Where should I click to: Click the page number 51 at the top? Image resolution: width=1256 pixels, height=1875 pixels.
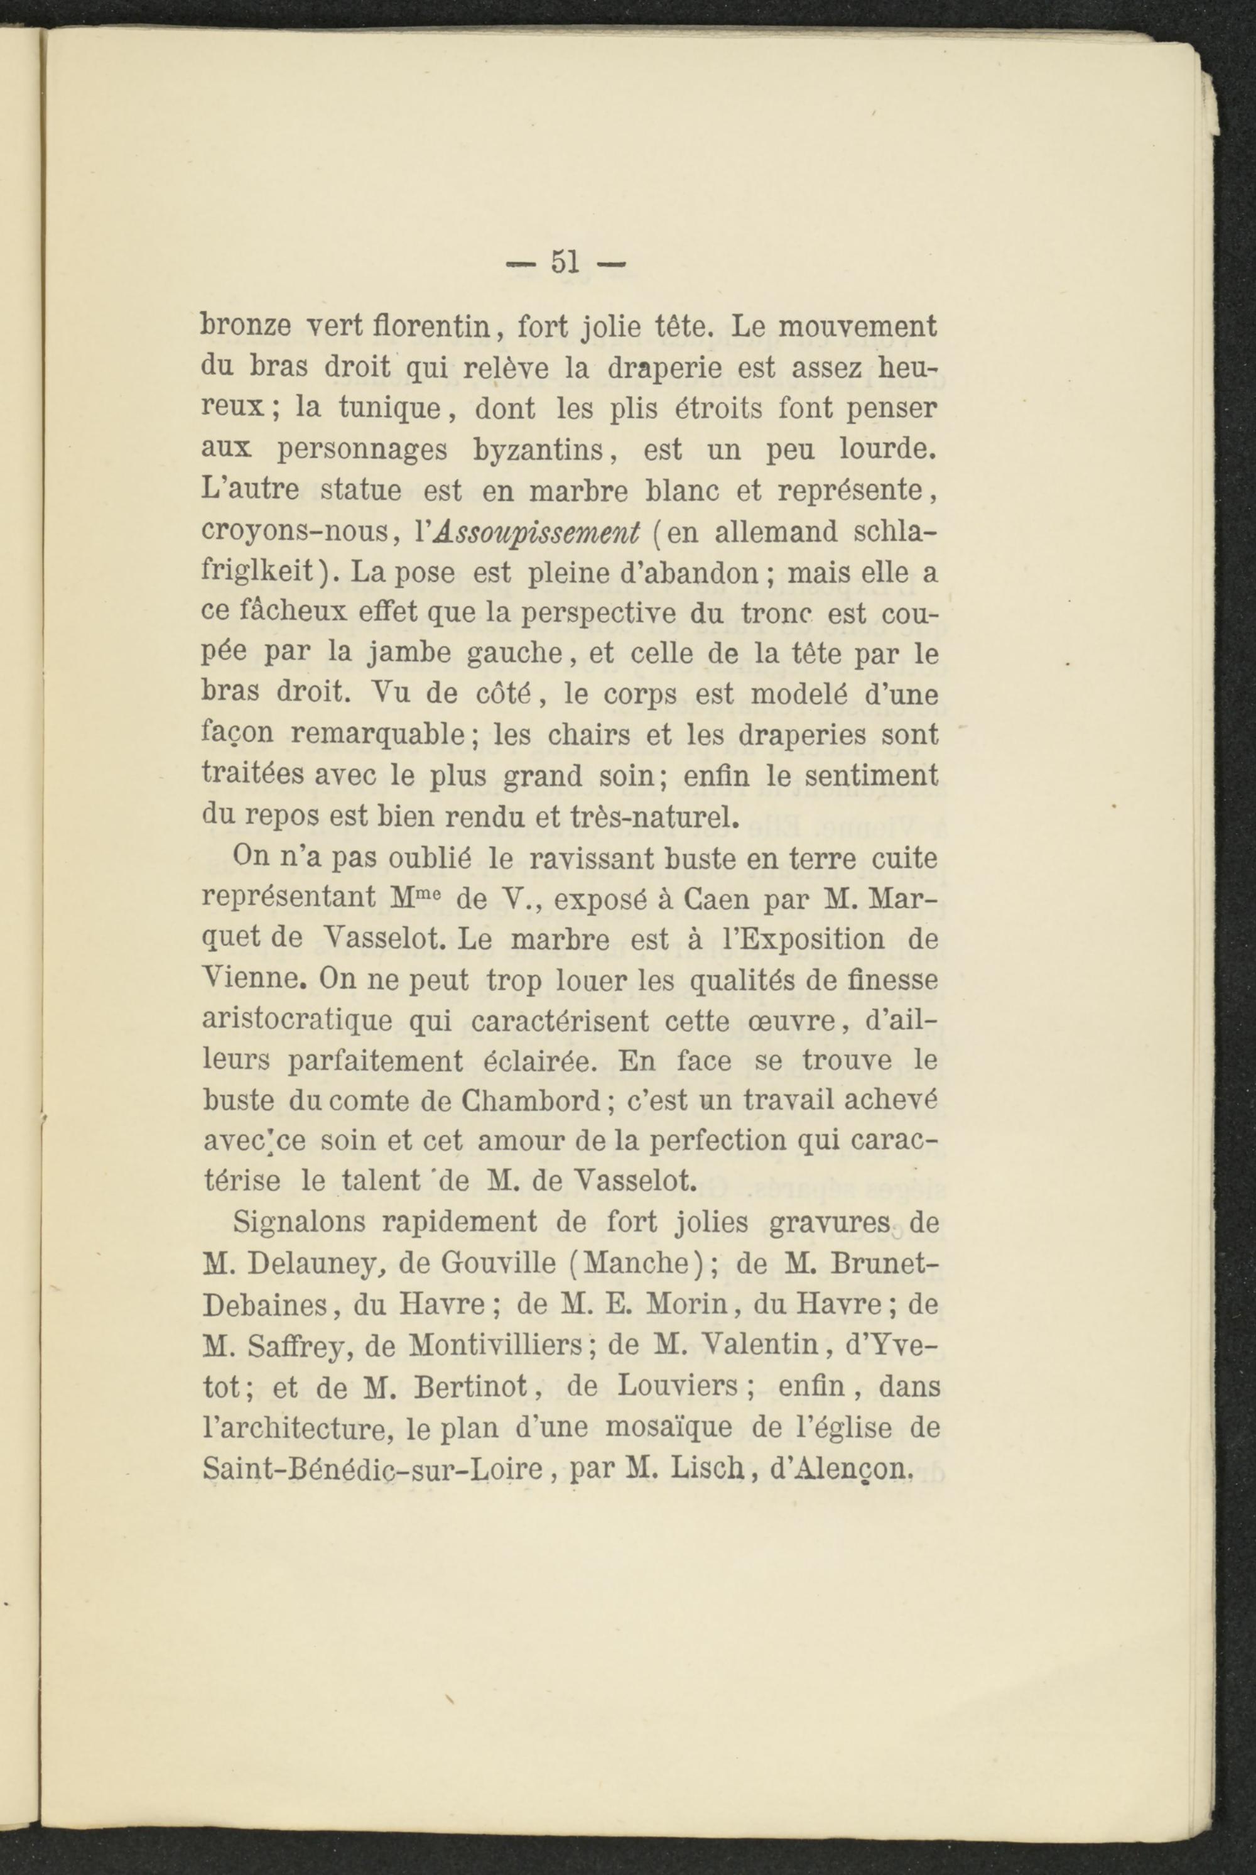(x=566, y=262)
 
